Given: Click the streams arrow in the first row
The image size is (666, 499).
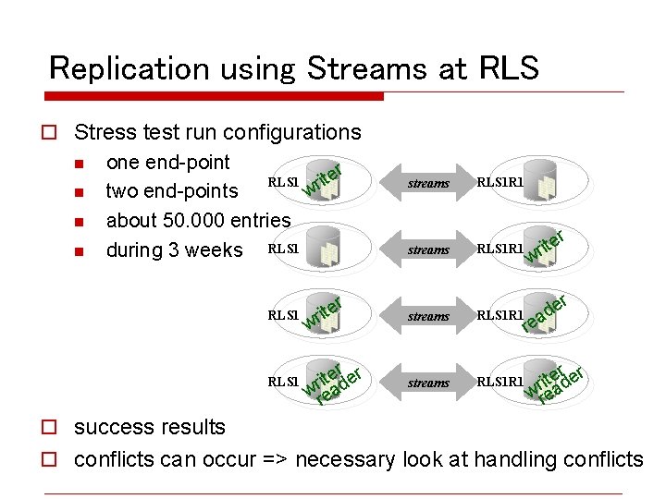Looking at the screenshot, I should coord(428,183).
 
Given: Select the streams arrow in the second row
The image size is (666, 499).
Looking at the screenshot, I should coord(428,249).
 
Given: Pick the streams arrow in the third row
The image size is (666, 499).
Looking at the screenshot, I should coord(428,316).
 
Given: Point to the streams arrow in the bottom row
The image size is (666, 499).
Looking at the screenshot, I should coord(428,383).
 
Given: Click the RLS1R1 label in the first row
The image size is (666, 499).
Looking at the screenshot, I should coord(499,183).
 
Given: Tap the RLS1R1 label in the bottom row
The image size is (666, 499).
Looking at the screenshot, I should coord(499,382).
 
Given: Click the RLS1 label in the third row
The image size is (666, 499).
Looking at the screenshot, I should coord(282,315).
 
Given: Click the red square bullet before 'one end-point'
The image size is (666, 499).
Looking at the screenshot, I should coord(80,164).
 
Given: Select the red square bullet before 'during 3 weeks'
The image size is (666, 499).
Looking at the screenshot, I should coord(80,251).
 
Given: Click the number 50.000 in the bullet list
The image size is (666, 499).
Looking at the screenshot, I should coord(191,221).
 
